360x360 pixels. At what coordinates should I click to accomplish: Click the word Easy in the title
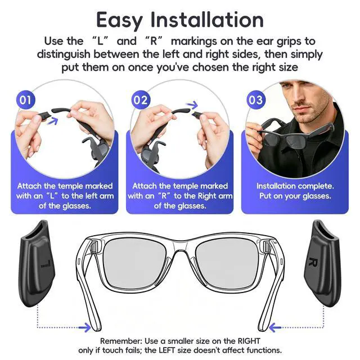[x=119, y=20]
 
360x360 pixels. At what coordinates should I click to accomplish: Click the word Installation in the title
[x=207, y=20]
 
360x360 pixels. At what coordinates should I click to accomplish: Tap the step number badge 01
[x=25, y=100]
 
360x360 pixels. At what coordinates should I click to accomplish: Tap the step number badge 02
[x=140, y=100]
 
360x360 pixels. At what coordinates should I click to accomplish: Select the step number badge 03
[x=255, y=100]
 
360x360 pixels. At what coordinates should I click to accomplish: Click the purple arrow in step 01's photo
[x=52, y=120]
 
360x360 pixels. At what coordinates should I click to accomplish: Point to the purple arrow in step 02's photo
[x=192, y=105]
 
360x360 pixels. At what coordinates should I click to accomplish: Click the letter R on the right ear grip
[x=314, y=262]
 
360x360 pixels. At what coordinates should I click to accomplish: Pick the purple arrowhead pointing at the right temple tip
[x=274, y=327]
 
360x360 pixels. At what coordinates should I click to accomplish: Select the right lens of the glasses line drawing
[x=227, y=264]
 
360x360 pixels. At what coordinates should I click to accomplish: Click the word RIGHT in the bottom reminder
[x=249, y=341]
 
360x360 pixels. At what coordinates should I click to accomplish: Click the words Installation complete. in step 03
[x=295, y=186]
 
